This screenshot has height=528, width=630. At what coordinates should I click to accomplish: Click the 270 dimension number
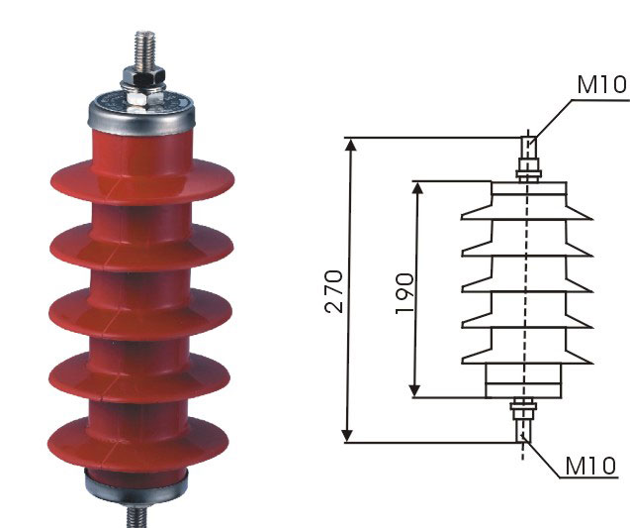click(334, 291)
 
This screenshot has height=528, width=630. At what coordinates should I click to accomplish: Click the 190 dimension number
click(405, 293)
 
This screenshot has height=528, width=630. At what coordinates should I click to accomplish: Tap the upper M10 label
click(601, 84)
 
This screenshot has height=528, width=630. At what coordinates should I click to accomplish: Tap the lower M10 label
click(590, 466)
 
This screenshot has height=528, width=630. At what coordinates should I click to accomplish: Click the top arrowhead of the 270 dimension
click(351, 145)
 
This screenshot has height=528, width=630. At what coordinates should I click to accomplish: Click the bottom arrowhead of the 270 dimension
click(347, 436)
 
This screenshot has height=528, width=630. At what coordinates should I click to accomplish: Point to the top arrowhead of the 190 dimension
click(418, 188)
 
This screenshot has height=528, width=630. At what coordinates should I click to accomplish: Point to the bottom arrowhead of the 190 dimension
click(414, 390)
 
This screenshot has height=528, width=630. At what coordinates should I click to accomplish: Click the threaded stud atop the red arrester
click(144, 51)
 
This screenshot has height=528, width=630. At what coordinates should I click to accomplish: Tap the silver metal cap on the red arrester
click(141, 114)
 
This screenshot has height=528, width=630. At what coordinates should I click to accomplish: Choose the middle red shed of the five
click(140, 312)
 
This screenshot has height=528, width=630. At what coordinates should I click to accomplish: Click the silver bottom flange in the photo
click(136, 485)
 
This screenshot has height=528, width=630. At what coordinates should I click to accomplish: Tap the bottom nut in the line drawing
click(523, 404)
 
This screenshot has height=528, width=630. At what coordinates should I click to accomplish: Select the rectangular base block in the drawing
click(524, 380)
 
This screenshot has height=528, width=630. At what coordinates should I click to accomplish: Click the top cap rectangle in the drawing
click(529, 188)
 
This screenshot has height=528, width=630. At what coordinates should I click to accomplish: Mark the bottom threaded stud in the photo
click(137, 516)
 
